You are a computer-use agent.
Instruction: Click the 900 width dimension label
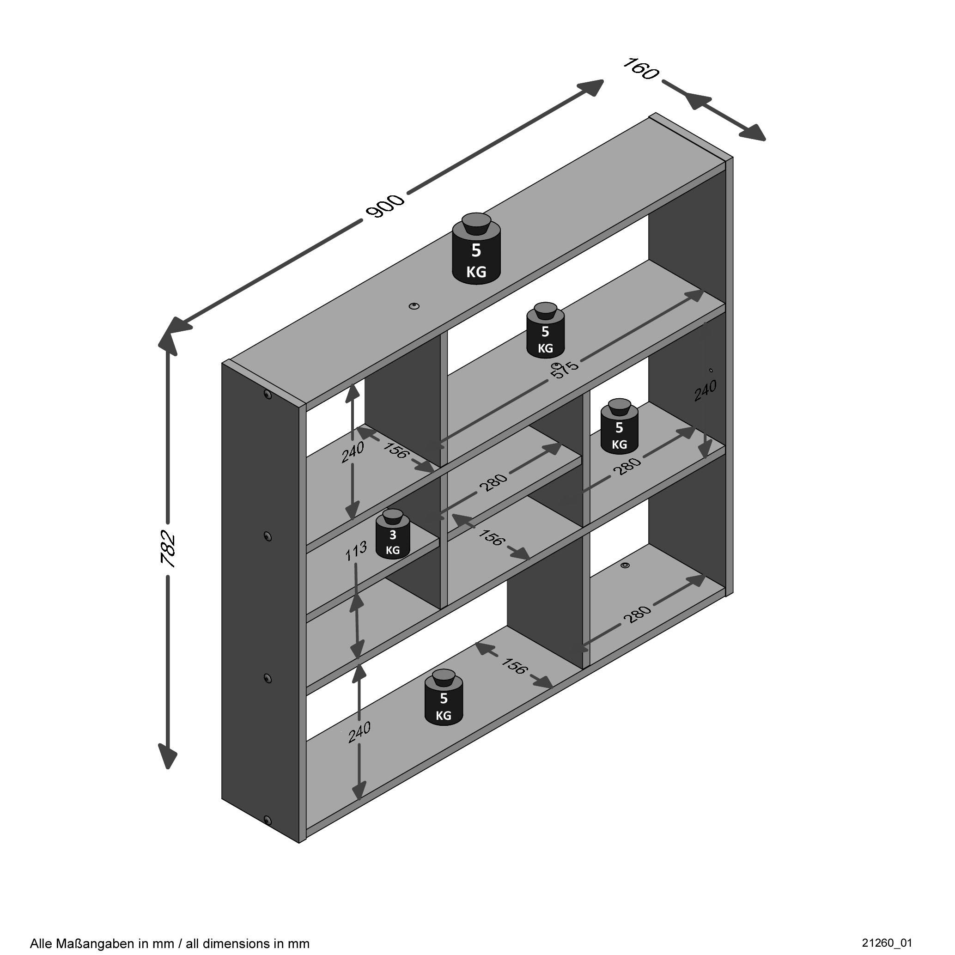[x=385, y=206]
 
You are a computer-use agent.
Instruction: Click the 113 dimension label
[x=355, y=551]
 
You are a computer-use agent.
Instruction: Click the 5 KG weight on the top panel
[x=476, y=249]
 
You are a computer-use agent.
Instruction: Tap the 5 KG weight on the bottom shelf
[x=444, y=698]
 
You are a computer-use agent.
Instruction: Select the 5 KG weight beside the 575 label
[x=545, y=330]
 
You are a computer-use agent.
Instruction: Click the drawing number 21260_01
[x=887, y=942]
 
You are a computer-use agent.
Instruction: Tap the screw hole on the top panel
[x=414, y=306]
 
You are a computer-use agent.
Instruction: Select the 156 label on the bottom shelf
[x=514, y=666]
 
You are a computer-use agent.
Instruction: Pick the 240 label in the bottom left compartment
[x=359, y=732]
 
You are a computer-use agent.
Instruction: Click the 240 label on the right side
[x=706, y=390]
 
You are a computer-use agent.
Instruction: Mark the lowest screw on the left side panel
[x=268, y=821]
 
